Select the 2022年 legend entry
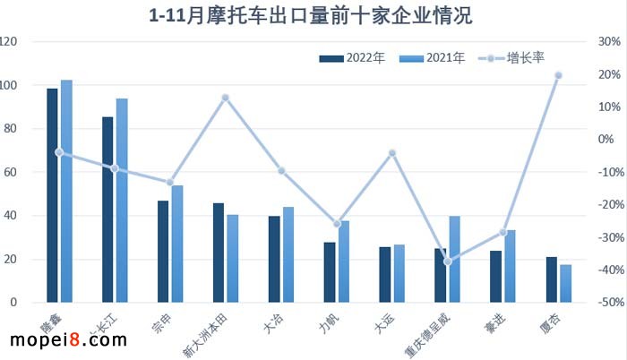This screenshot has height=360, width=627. click(353, 58)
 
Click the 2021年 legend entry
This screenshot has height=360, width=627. click(434, 58)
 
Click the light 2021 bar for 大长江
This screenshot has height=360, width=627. click(122, 201)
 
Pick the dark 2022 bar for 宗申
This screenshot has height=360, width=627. click(163, 252)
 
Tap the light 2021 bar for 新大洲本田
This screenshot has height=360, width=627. click(233, 259)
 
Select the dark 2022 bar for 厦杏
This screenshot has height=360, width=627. click(551, 279)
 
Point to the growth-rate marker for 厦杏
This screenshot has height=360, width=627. click(558, 75)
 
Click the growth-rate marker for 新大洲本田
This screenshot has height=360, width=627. click(226, 98)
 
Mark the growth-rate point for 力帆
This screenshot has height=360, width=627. click(337, 224)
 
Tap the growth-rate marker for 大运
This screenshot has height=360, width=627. click(392, 153)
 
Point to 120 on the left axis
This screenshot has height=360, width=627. click(9, 42)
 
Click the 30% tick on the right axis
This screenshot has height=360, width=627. click(609, 42)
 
